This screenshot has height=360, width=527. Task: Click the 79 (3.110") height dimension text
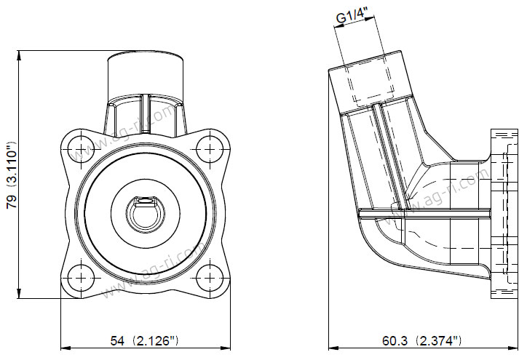click(x=12, y=175)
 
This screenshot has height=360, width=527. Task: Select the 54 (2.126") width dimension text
click(x=145, y=341)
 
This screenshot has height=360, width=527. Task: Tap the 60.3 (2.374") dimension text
click(x=421, y=341)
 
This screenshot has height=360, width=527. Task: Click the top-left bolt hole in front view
click(x=82, y=149)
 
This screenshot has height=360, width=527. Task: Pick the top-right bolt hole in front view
click(x=210, y=149)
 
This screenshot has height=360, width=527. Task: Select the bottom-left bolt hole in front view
click(x=82, y=278)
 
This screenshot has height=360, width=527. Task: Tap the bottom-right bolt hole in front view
click(x=210, y=278)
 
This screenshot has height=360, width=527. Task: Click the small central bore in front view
click(x=146, y=215)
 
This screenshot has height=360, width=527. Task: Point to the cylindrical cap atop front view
click(x=145, y=76)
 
